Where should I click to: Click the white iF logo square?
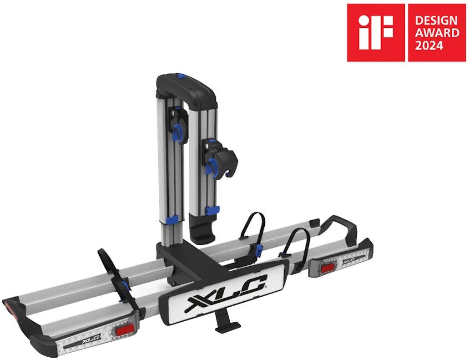pos(376,32)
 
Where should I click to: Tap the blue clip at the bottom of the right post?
pos(212,210)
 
